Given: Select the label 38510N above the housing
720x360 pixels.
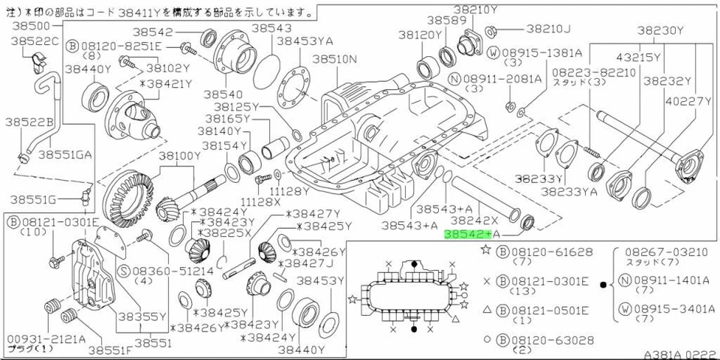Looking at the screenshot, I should [x=334, y=58].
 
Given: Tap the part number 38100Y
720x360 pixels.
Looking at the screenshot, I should [x=178, y=155].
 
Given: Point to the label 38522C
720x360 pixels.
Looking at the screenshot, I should [x=34, y=39].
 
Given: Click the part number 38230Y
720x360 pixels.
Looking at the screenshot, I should [x=661, y=31].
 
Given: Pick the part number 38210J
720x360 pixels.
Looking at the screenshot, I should [x=547, y=28].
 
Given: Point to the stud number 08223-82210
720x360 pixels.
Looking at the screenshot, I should [x=583, y=72].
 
